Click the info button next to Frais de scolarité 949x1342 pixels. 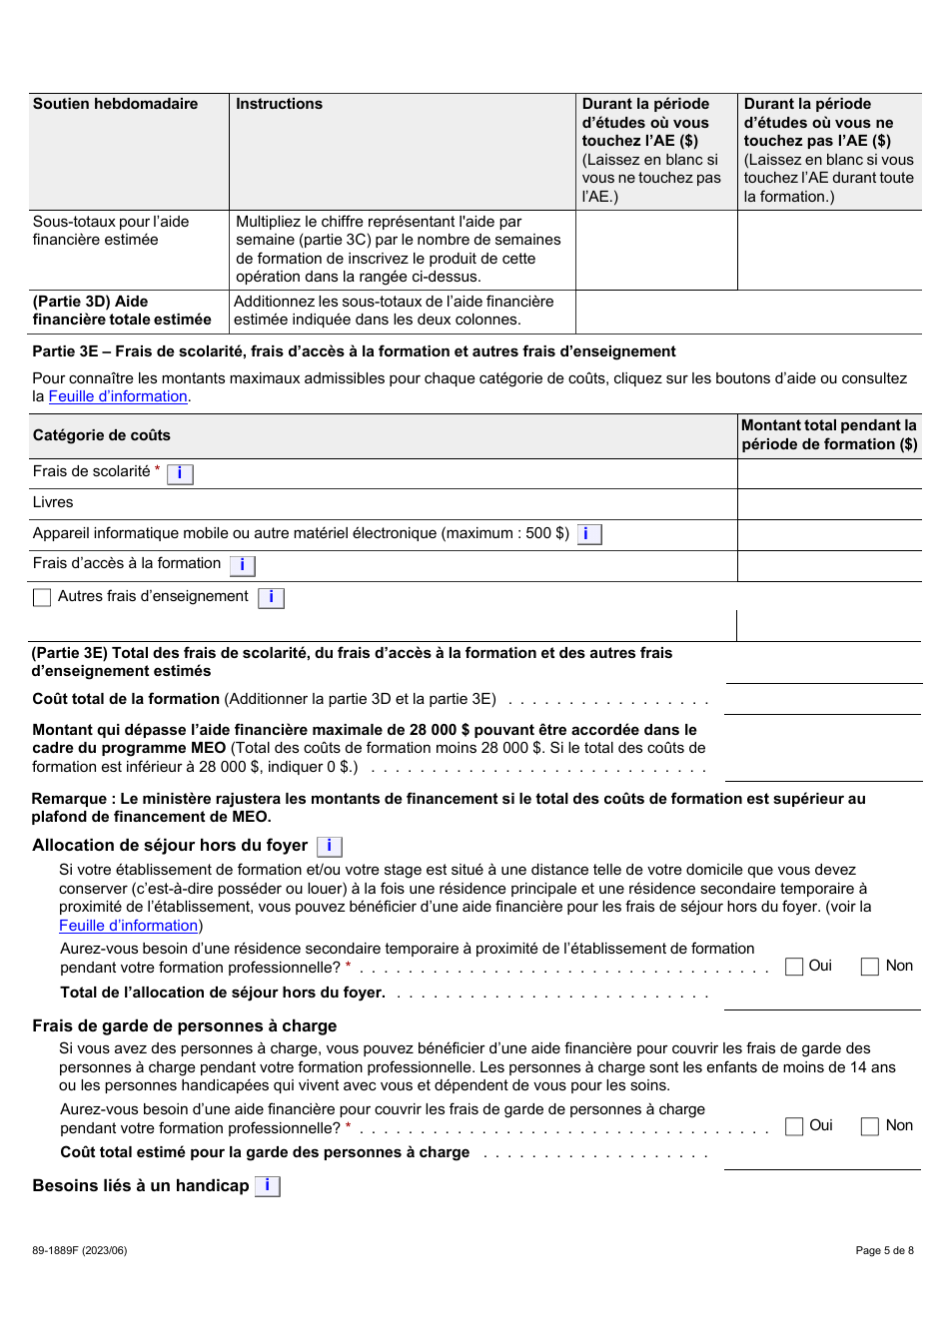point(180,473)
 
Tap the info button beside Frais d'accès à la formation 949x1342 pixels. point(242,565)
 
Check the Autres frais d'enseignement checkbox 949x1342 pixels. point(42,597)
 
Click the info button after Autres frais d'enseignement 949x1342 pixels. point(271,597)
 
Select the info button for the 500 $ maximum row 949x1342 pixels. point(588,534)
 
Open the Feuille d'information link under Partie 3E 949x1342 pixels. point(118,396)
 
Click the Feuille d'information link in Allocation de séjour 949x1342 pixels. point(129,926)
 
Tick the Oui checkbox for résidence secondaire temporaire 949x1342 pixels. point(794,967)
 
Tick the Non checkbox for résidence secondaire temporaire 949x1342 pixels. point(870,967)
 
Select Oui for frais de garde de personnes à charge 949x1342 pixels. point(794,1126)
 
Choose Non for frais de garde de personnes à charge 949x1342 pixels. point(870,1126)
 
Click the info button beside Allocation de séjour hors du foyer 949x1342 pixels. point(329,846)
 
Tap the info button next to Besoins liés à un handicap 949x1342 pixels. point(267,1186)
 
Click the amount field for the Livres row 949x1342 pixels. point(829,503)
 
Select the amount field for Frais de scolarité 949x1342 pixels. point(829,473)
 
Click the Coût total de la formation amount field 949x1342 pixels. point(822,700)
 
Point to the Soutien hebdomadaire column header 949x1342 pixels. point(116,104)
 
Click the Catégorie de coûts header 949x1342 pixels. point(102,435)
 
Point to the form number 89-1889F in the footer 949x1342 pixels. point(80,1250)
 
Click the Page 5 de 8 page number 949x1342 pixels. point(884,1250)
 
